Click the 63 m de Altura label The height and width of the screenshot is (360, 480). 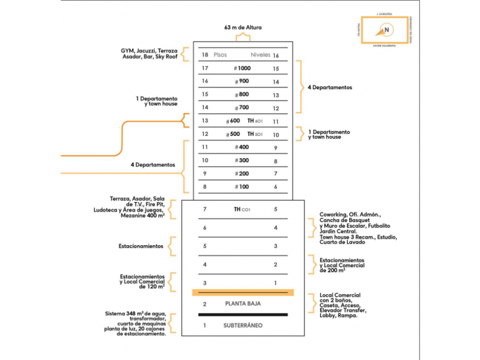tap(243, 27)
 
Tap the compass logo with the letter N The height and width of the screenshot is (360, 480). tap(387, 30)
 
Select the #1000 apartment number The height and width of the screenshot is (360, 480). tap(242, 68)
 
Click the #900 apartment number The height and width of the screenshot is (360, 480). tap(242, 81)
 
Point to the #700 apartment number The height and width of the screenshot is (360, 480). tap(242, 107)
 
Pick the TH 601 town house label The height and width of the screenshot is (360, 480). tap(255, 121)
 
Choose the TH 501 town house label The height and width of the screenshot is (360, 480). tap(255, 134)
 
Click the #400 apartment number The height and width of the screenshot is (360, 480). tap(242, 147)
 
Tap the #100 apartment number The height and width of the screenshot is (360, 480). tap(242, 187)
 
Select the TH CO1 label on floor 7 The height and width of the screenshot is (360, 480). tap(242, 210)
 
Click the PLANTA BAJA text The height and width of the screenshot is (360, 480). tap(243, 304)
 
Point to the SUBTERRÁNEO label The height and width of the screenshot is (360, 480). tap(243, 326)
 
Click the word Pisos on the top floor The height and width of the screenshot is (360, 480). tap(221, 55)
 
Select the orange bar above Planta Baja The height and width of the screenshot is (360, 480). tap(243, 293)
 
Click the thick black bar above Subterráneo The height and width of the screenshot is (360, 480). tap(243, 314)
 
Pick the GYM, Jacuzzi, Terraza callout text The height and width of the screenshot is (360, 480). tap(150, 54)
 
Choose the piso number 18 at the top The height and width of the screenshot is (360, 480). tap(205, 55)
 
